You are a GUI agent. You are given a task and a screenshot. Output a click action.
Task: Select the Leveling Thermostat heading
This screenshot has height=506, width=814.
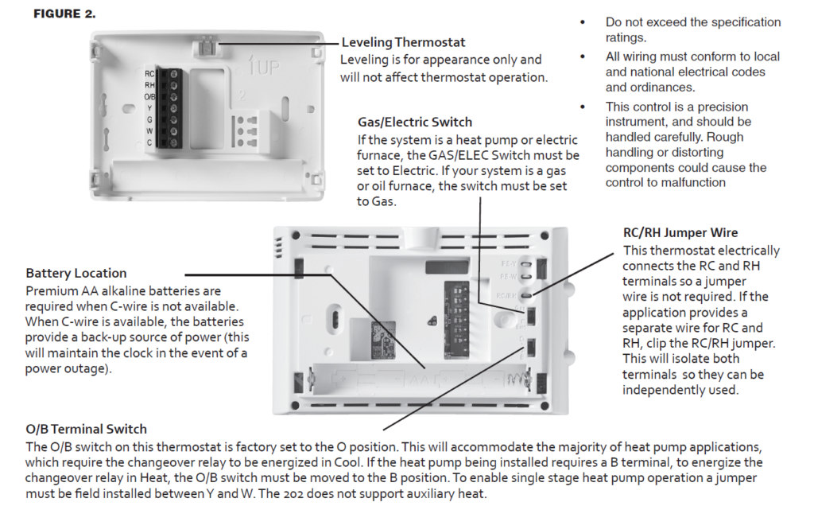[x=403, y=42]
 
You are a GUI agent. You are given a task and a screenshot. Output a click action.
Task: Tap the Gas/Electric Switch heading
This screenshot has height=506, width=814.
[x=414, y=123]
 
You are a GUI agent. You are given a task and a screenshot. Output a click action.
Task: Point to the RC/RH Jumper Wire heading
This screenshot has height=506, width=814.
[x=680, y=233]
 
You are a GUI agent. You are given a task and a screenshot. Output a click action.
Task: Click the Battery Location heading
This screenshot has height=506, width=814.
[x=76, y=274]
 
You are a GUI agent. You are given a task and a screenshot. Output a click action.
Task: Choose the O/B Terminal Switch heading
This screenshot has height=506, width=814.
[x=86, y=429]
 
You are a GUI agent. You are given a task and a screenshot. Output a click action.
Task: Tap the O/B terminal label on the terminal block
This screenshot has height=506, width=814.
[x=149, y=96]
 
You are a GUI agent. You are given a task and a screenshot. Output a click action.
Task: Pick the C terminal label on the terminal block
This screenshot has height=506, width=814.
[x=149, y=142]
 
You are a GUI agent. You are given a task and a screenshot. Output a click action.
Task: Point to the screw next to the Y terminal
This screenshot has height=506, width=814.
[x=174, y=107]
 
